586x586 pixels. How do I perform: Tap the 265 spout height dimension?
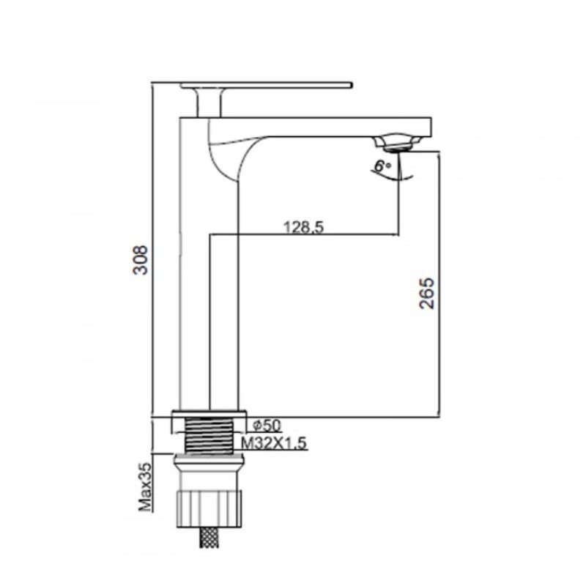[428, 293]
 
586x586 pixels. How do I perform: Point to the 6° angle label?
[382, 166]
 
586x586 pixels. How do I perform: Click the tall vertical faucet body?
[195, 293]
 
